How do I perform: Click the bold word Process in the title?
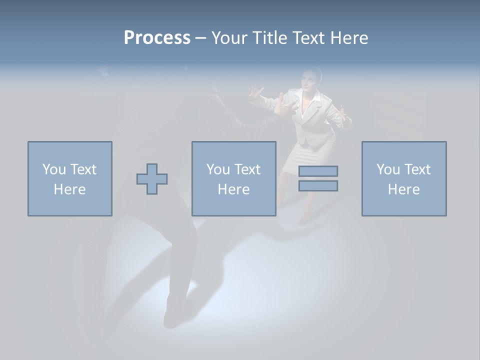(x=157, y=38)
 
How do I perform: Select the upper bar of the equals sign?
(x=318, y=171)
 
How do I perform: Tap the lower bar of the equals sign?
(x=318, y=185)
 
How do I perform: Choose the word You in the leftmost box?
(x=54, y=169)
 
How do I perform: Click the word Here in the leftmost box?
(x=69, y=189)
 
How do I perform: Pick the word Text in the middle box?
(x=247, y=169)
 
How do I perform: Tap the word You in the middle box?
(x=218, y=169)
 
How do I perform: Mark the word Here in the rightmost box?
(x=403, y=189)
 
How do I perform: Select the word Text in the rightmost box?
(x=417, y=169)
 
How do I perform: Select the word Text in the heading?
(x=307, y=38)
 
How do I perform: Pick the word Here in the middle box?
(x=233, y=189)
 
